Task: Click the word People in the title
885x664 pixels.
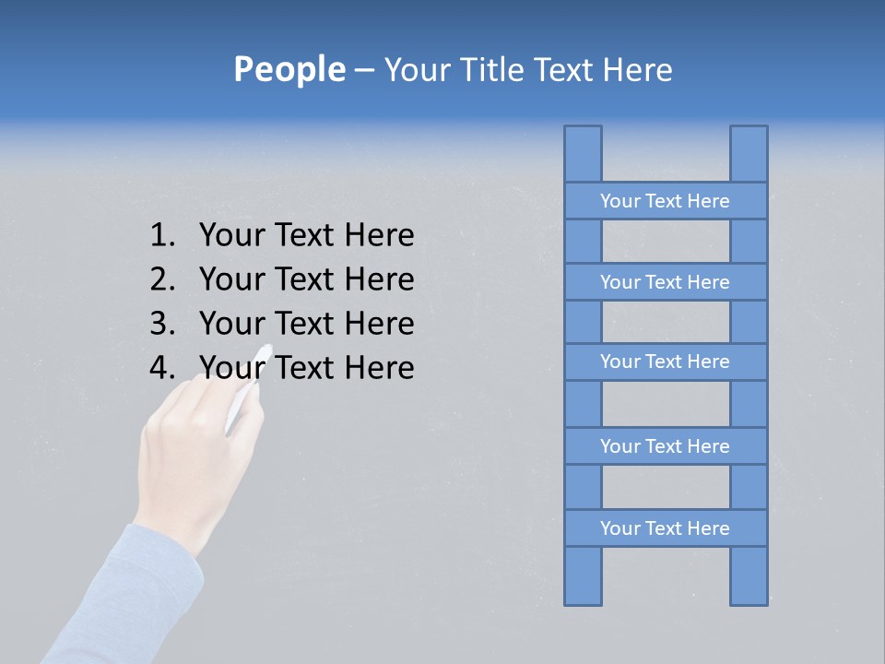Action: tap(288, 70)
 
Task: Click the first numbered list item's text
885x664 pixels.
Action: tap(306, 236)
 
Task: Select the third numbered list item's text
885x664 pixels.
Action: tap(306, 324)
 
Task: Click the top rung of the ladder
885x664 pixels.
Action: tap(665, 201)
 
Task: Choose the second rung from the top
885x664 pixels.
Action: tap(665, 282)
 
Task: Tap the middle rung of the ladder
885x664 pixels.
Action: tap(665, 362)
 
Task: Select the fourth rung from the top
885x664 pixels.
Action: tap(665, 446)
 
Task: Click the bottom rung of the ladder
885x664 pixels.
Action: tap(665, 528)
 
